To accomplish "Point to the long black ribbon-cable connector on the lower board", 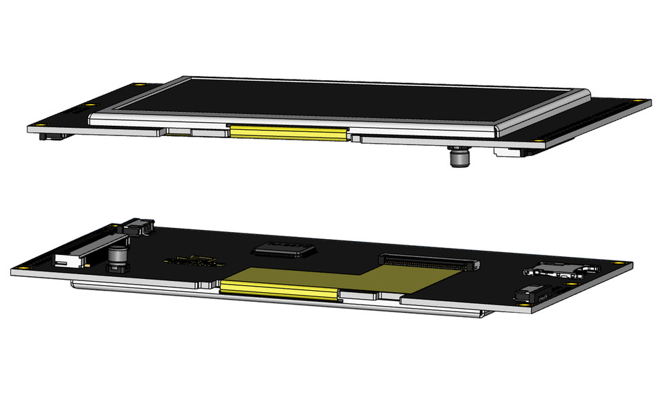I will (428, 262).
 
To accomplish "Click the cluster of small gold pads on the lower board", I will (193, 261).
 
